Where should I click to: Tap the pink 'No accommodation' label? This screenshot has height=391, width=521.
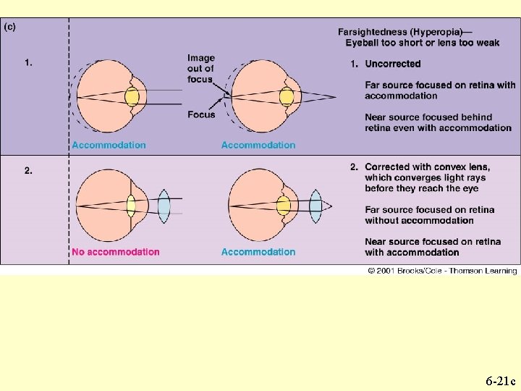coord(116,252)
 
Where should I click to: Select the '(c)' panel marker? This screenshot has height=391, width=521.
coord(10,27)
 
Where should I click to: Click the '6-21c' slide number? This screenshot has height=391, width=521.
coord(500,380)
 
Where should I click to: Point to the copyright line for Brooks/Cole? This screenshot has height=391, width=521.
coord(441,271)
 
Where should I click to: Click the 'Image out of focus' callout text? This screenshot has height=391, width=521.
coord(200,69)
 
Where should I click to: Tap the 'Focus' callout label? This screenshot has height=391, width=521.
coord(201,114)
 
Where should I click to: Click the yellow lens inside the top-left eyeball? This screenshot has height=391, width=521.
coord(132,98)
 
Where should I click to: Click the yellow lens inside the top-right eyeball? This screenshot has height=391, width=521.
coord(287,97)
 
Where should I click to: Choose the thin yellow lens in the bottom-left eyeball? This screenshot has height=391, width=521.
coord(132,205)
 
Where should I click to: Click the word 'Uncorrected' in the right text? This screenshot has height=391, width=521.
coord(393,64)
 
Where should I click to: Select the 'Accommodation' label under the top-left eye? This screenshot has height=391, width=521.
coord(109,145)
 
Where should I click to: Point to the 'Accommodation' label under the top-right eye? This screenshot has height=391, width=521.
coord(258,145)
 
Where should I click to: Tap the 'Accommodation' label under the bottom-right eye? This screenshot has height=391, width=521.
coord(258,252)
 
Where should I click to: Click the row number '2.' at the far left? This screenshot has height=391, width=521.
coord(29,171)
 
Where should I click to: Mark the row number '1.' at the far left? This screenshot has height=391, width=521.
coord(28,63)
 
